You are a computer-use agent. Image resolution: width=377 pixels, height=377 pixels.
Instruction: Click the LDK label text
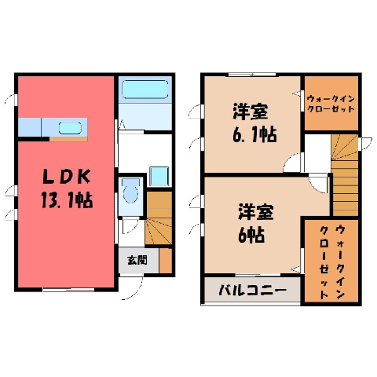[67, 177]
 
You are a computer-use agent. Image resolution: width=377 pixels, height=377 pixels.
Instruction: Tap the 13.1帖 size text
[67, 200]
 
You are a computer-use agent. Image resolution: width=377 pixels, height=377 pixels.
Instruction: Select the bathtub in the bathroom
[145, 90]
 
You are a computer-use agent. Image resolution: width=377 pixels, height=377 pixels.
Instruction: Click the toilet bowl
[130, 192]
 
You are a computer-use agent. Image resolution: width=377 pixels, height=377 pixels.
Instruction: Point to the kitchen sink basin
[70, 128]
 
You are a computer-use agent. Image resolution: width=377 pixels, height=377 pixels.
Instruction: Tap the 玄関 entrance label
[137, 260]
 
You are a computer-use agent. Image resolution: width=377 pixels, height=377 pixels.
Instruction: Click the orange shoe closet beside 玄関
[166, 261]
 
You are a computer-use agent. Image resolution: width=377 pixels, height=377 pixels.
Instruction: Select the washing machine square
[159, 176]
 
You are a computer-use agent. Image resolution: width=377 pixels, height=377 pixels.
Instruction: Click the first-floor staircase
[159, 218]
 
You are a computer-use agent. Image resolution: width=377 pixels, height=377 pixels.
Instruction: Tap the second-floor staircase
[345, 175]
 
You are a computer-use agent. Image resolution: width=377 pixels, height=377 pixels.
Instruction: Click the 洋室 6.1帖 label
[254, 123]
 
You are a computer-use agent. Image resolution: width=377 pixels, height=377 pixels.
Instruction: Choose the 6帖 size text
[251, 234]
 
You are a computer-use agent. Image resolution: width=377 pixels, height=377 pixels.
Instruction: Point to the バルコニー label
[252, 291]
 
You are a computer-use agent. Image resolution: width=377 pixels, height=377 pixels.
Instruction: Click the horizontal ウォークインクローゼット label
[331, 104]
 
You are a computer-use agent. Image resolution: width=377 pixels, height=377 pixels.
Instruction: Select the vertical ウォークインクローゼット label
[332, 262]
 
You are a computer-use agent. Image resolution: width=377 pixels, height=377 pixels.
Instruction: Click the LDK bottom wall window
[69, 290]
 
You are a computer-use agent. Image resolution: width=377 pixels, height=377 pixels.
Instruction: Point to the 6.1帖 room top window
[252, 75]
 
